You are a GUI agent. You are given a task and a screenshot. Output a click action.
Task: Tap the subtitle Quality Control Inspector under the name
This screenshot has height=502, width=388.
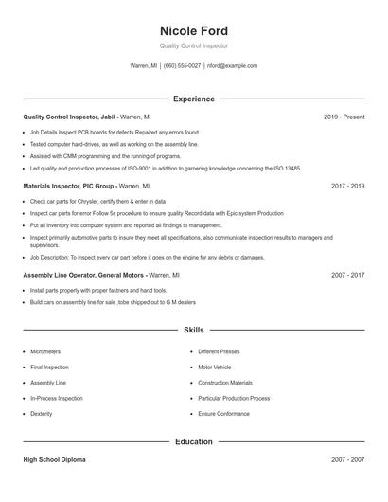194,46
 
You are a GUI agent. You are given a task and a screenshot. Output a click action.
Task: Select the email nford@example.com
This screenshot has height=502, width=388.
232,66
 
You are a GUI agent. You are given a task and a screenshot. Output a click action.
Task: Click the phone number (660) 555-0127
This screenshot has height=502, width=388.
182,66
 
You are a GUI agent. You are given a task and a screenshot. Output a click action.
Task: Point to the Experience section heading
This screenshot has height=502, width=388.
194,99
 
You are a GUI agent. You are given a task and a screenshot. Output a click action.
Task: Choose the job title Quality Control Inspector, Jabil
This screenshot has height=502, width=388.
69,117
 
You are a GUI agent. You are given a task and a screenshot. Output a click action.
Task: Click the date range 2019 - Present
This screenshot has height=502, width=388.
344,117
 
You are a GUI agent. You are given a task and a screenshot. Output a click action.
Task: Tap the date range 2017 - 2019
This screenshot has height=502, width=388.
347,187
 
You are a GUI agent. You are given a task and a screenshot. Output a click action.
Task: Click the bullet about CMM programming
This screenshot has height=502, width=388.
105,156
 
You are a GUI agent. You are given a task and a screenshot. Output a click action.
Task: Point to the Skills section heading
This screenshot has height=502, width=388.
194,330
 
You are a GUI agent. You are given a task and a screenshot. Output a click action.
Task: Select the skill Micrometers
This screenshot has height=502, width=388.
45,351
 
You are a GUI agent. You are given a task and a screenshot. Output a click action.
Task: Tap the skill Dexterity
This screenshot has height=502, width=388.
42,414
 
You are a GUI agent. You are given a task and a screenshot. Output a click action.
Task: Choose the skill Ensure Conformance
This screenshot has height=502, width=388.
224,414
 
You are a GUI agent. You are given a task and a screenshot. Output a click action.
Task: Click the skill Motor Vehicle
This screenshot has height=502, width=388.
215,367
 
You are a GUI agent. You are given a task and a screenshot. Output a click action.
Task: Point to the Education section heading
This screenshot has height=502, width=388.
194,441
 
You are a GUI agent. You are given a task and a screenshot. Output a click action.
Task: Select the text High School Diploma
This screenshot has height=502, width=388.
54,459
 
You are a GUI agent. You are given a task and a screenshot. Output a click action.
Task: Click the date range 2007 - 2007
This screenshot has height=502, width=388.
347,459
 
